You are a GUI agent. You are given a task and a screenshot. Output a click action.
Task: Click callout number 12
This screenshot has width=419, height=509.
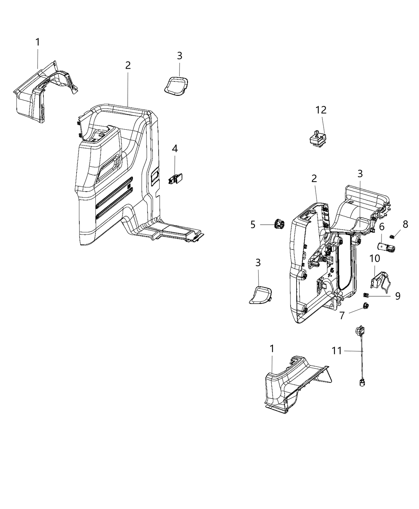click(321, 110)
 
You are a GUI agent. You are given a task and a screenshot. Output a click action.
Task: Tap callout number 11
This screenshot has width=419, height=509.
click(337, 351)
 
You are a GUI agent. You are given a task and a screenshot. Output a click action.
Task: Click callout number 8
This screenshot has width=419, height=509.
click(405, 224)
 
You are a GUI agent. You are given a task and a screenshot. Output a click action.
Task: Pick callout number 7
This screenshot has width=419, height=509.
click(342, 316)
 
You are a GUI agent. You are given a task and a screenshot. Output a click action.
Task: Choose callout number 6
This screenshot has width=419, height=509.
click(381, 227)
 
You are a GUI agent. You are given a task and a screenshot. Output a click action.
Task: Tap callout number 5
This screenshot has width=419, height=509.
click(253, 225)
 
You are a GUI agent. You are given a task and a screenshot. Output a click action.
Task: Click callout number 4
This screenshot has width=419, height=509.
click(174, 149)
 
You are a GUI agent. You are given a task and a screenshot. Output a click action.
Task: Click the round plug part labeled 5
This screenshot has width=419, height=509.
click(277, 225)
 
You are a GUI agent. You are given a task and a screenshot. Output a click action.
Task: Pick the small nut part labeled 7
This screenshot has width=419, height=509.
click(365, 307)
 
